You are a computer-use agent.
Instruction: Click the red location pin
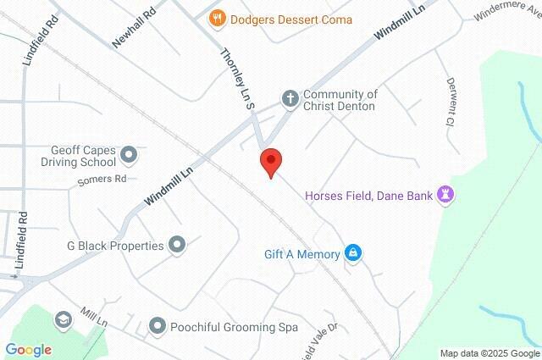pos(270,162)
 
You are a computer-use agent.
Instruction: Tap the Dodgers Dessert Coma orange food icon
pos(218,16)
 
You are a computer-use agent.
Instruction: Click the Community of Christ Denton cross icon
pos(290,98)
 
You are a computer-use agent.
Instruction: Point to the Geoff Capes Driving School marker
pos(130,154)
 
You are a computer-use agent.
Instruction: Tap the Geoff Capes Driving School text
pos(78,154)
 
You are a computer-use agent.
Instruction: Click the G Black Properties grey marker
pos(177,246)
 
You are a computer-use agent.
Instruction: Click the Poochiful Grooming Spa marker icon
pos(157,325)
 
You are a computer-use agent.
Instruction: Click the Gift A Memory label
pos(301,253)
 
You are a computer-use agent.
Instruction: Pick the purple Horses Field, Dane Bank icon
pos(445,195)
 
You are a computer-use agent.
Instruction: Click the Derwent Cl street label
pos(451,101)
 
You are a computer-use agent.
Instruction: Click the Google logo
pos(28,349)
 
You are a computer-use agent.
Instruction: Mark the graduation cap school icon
pos(62,319)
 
